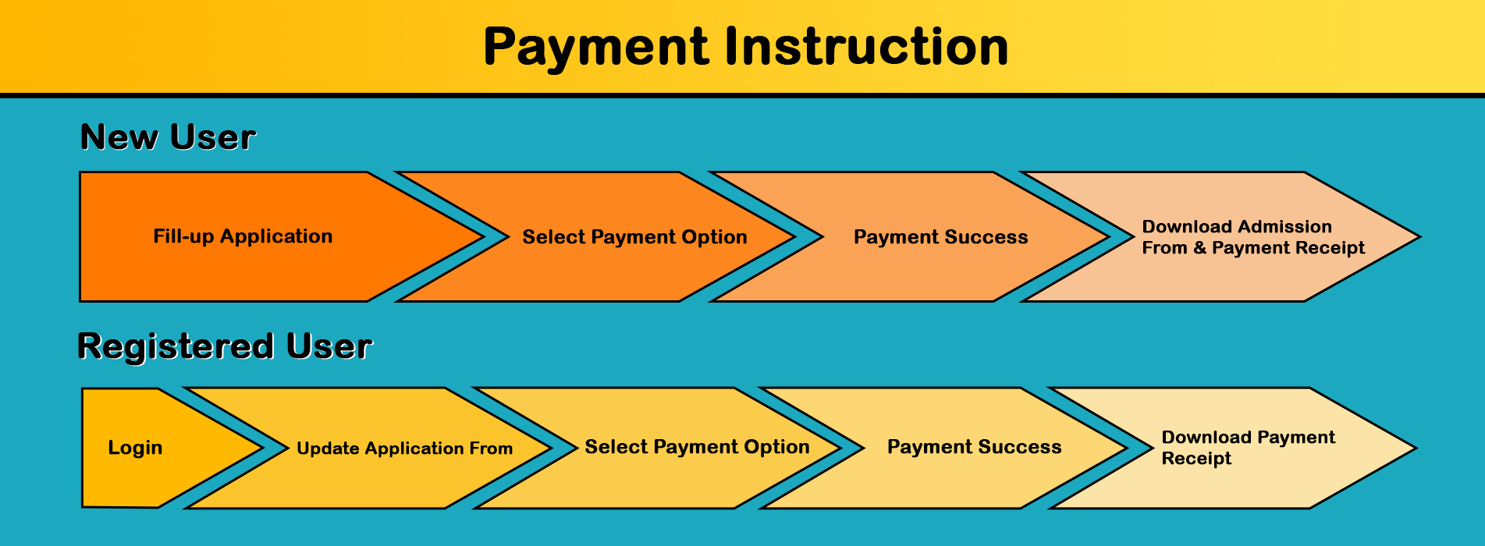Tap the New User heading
tap(168, 137)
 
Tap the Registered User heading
tap(225, 347)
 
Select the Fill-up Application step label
tap(243, 236)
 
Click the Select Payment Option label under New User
tap(634, 237)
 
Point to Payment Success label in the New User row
tap(940, 237)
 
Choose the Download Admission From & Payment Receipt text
tap(1253, 237)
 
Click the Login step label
tap(135, 448)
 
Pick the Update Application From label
tap(404, 448)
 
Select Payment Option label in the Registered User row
tap(697, 447)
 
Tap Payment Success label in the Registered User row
tap(974, 447)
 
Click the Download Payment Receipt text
tap(1248, 448)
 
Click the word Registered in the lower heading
tap(176, 347)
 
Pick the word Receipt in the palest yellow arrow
tap(1196, 459)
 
